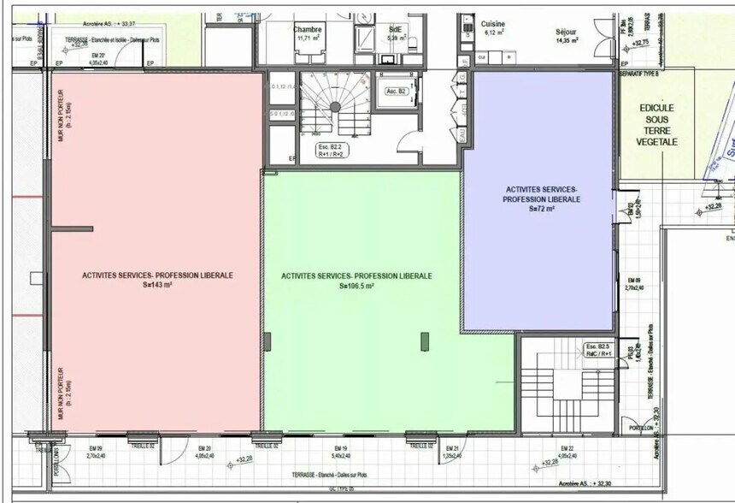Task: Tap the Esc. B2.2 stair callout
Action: (330, 151)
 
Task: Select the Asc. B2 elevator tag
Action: (395, 92)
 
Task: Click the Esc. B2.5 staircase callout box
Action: (597, 350)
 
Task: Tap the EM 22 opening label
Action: (567, 452)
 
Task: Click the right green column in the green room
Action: (423, 341)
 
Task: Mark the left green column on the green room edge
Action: (267, 342)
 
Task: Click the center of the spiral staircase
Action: (336, 104)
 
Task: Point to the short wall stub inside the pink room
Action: (72, 229)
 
